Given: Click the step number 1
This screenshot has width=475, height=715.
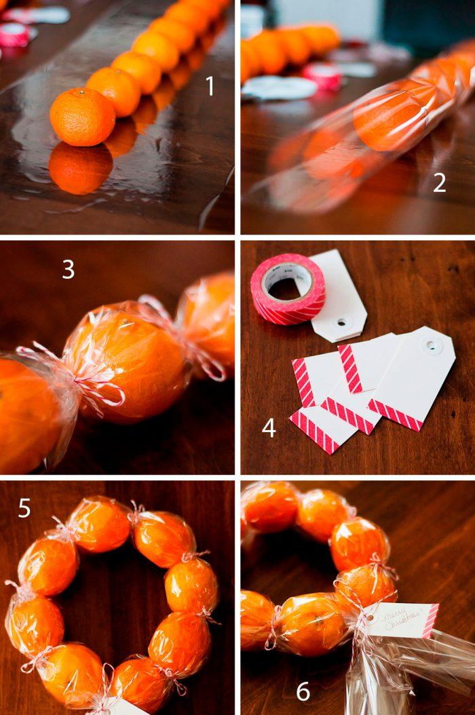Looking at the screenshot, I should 210,87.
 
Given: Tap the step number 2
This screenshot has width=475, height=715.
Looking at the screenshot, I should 440,182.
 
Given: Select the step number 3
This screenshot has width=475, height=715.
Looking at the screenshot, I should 69,269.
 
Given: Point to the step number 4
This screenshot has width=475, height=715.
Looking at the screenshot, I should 269,428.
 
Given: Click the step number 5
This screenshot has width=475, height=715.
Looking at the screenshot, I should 24,508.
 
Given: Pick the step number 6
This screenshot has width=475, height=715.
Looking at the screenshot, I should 303,691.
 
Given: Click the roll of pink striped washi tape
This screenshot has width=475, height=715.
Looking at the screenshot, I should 287,289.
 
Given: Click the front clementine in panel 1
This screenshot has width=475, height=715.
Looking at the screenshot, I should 82,117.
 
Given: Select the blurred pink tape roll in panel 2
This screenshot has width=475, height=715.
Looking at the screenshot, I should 323,76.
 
